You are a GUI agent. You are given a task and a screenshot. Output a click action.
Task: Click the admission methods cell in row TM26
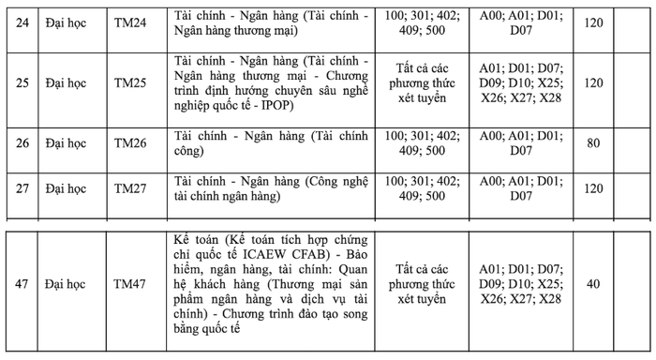420,143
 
